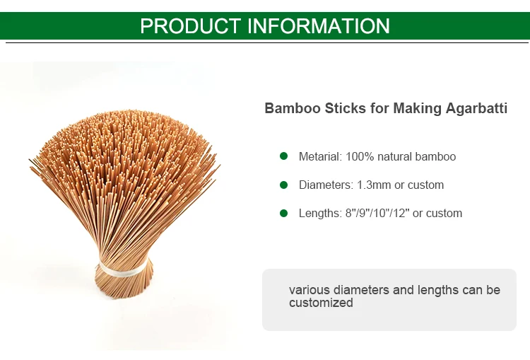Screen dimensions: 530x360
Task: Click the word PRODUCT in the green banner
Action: tap(190, 26)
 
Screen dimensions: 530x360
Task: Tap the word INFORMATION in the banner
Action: tap(319, 26)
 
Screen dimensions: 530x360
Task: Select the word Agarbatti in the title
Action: tap(476, 109)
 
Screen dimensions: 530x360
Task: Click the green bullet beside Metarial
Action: tap(283, 156)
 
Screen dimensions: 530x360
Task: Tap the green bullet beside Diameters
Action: tap(283, 185)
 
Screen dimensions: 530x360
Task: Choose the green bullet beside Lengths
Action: tap(283, 213)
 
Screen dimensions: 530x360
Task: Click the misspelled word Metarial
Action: tap(320, 156)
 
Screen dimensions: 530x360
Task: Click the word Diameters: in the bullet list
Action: tap(326, 185)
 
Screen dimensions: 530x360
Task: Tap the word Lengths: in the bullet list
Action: tap(320, 213)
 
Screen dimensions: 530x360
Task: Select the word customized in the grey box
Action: tap(321, 303)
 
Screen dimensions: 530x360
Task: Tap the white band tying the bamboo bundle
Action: tap(123, 269)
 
